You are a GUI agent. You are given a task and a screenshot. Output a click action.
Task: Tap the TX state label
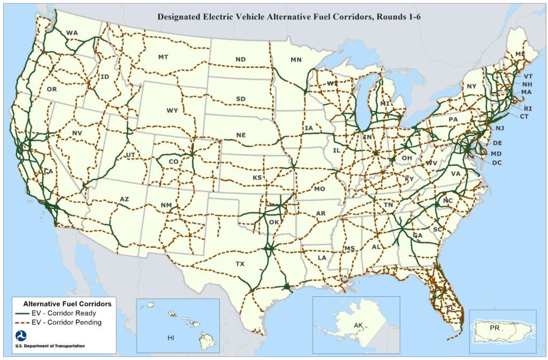tap(240, 264)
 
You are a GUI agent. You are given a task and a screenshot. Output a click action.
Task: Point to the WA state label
tap(72, 33)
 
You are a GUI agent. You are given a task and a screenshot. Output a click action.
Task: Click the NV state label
tap(77, 133)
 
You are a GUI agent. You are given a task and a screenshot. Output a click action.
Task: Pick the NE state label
tap(241, 135)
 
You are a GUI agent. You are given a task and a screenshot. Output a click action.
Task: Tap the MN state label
tap(296, 59)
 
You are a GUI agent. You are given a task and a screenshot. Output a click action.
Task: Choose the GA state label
tap(418, 235)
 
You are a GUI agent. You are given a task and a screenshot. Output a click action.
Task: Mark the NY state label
tap(471, 86)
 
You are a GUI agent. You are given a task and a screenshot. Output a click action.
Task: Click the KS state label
tap(257, 177)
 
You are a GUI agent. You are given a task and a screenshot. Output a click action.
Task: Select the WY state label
tap(172, 111)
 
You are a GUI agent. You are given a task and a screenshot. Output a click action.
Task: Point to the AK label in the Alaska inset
tap(359, 325)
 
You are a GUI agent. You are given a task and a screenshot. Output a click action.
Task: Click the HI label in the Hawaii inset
tap(171, 338)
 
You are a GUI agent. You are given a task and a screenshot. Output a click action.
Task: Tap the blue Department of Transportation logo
tap(21, 336)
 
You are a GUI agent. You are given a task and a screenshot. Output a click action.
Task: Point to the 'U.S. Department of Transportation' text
tap(50, 346)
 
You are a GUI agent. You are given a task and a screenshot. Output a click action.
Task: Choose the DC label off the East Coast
tap(497, 163)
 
